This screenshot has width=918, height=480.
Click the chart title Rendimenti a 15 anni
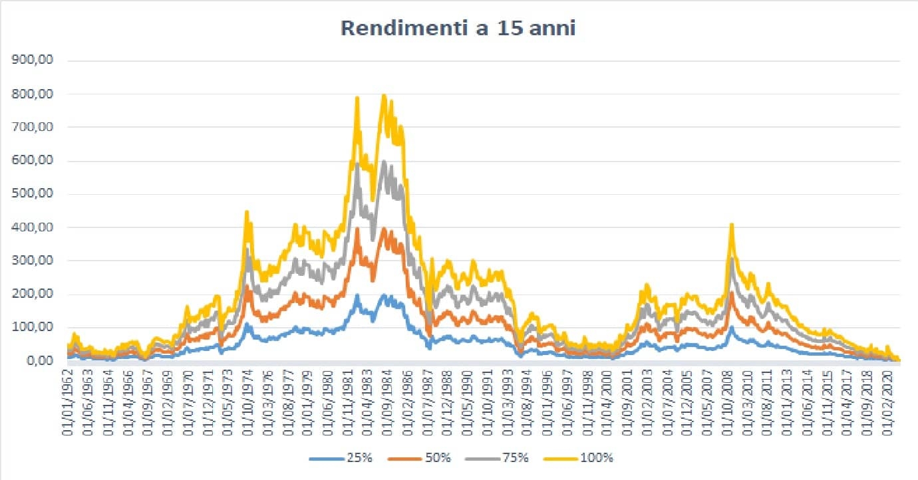tap(458, 29)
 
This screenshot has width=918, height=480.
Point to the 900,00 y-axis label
tap(33, 60)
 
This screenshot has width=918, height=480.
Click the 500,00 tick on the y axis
tap(33, 194)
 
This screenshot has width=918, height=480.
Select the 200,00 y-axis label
tap(33, 295)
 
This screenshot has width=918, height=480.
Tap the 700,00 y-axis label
tap(33, 127)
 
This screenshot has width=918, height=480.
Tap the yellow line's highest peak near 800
tap(383, 96)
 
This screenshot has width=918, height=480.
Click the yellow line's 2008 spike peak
tap(732, 225)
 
